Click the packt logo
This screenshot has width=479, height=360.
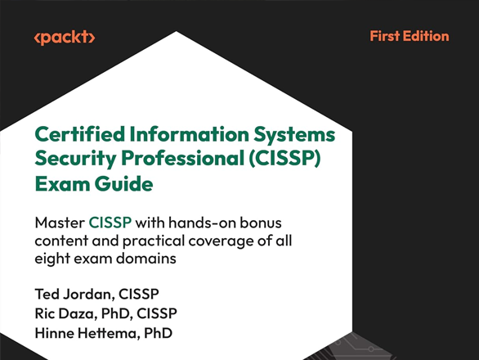point(65,38)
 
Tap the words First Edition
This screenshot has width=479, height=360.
point(409,36)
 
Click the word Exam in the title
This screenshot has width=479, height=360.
point(56,184)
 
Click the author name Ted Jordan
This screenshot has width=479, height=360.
point(73,295)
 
